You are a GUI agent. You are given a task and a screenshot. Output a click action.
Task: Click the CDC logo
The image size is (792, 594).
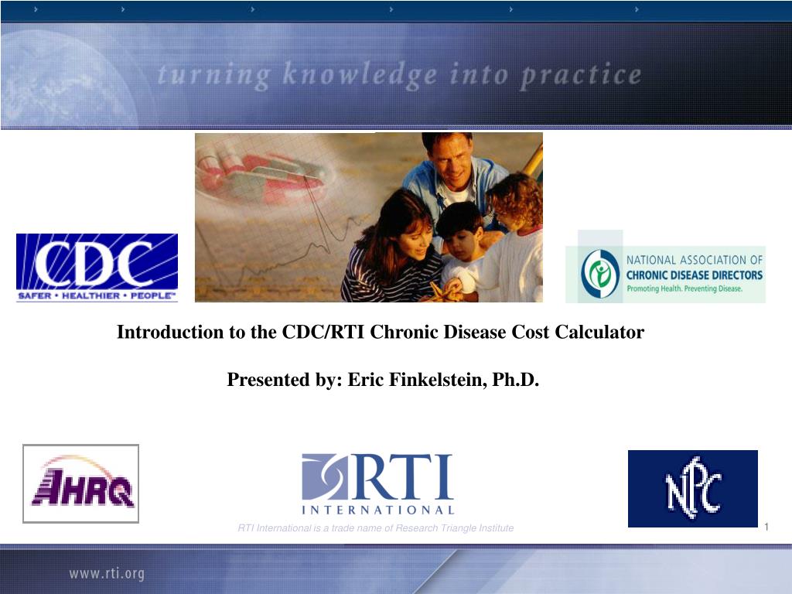[x=97, y=268]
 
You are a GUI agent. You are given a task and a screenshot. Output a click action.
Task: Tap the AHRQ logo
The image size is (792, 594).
[x=80, y=483]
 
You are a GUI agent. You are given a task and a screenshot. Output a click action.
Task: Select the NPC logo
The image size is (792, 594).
[x=692, y=489]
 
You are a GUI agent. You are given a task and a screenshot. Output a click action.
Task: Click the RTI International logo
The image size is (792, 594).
[x=377, y=484]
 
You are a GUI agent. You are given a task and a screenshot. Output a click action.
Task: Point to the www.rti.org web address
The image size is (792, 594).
[x=107, y=574]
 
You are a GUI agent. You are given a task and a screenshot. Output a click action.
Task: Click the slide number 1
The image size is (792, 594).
[x=766, y=527]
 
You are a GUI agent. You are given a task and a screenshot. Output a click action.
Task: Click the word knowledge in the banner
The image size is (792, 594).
[x=360, y=76]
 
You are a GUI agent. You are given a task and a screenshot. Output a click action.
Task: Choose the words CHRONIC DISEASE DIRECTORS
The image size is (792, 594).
[x=695, y=275]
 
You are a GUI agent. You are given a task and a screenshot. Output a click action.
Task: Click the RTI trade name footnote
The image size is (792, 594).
[x=376, y=528]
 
